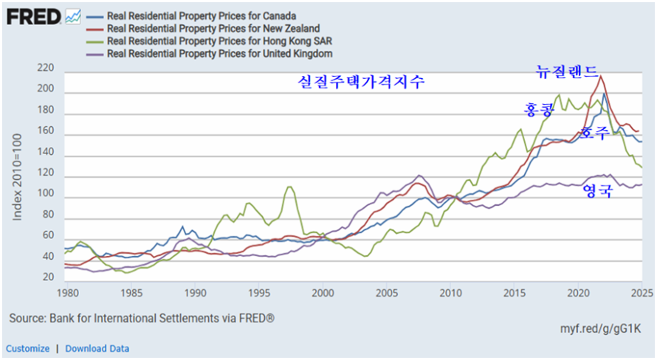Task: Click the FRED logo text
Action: point(33,15)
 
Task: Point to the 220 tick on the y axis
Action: point(46,68)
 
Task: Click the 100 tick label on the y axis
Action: point(46,193)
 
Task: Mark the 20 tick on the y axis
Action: point(49,277)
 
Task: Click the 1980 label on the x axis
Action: point(67,292)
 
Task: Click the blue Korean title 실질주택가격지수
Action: point(361,82)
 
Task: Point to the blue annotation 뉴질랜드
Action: point(567,72)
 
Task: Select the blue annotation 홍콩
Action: point(538,110)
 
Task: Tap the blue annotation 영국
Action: point(598,190)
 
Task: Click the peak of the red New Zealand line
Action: point(601,75)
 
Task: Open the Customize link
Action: point(28,348)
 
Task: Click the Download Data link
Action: point(97,348)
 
